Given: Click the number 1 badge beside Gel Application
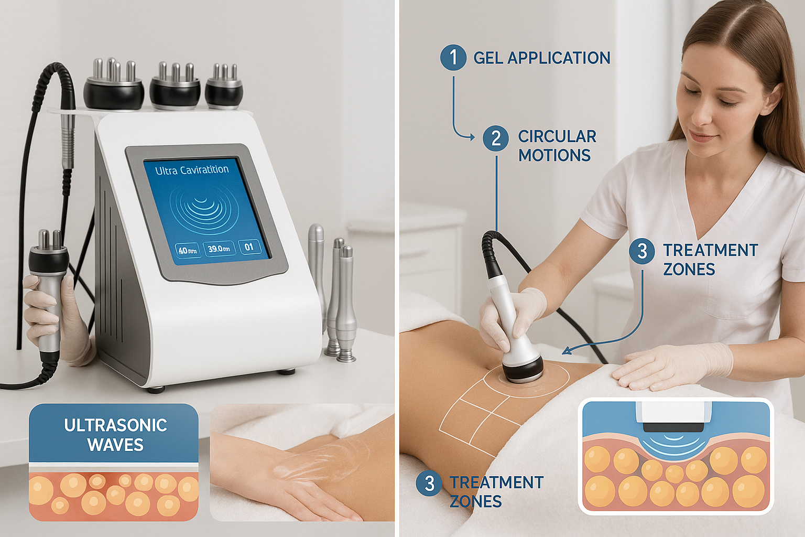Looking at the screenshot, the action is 453,58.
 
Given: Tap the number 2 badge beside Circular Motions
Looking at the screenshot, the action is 496,138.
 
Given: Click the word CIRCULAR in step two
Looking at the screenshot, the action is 558,136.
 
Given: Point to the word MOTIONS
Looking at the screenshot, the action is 554,155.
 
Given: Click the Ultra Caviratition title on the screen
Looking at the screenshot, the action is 192,170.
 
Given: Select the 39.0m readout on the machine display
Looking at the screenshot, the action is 219,248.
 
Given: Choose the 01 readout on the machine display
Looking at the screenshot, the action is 249,247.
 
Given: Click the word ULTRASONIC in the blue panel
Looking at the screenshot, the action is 115,425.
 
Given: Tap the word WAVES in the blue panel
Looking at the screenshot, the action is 115,445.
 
